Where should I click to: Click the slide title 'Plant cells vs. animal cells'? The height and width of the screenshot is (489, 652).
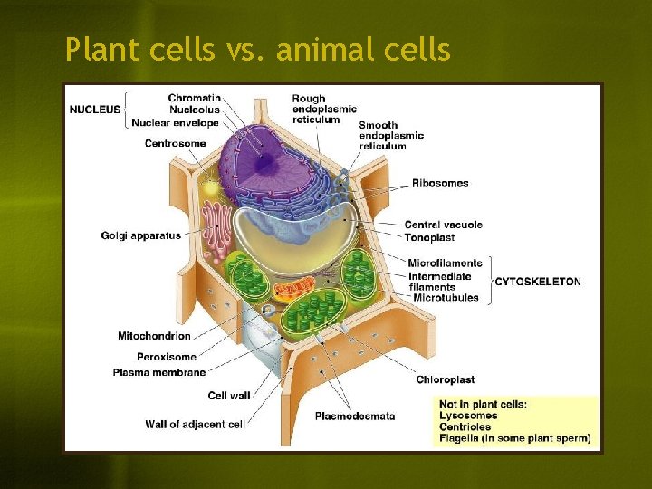point(258,51)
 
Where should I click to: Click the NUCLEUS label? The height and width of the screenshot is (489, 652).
point(95,110)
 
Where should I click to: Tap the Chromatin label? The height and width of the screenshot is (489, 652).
point(194,98)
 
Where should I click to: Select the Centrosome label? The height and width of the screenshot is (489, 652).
point(175,143)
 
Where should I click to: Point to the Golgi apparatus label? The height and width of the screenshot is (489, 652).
point(140,236)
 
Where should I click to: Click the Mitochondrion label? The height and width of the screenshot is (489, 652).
point(154,336)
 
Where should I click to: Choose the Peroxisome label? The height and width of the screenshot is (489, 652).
point(166,357)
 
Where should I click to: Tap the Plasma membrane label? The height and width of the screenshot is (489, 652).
point(159,372)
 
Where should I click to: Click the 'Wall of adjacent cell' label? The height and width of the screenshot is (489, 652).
point(195,424)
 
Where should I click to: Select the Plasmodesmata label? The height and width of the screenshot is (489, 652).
point(355,417)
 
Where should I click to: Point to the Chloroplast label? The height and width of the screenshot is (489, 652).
point(446,379)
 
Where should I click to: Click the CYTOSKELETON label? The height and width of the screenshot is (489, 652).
point(538,282)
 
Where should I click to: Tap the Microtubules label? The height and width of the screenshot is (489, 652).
point(444,298)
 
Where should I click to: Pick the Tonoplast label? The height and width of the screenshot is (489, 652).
point(429,237)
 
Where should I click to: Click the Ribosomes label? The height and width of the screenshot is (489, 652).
point(441,183)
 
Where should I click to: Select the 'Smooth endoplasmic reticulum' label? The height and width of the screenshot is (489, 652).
point(391,136)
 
